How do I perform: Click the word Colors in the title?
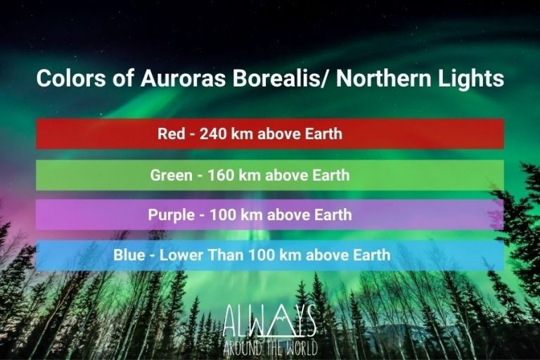65,79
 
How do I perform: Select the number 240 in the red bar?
213,134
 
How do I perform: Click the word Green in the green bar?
171,175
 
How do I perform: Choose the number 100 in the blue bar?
259,255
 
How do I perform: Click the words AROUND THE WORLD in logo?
270,347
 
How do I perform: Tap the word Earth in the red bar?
322,134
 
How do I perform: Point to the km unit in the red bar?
243,134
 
